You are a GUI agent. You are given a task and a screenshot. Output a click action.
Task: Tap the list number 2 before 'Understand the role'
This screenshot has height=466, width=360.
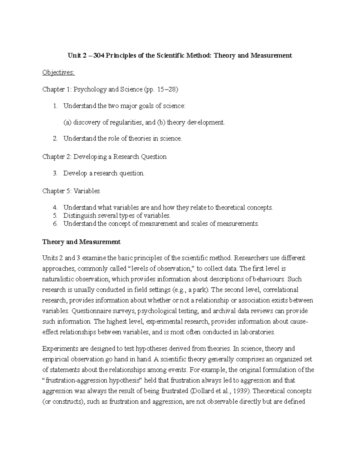[55, 139]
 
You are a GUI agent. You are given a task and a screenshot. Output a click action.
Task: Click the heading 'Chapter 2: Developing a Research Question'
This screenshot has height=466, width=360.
[104, 157]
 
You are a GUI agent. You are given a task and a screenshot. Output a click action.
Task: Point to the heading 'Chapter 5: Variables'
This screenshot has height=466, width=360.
[71, 191]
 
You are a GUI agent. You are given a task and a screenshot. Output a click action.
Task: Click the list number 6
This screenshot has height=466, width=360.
[55, 224]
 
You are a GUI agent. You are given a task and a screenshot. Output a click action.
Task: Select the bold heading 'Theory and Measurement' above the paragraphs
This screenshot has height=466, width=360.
[81, 242]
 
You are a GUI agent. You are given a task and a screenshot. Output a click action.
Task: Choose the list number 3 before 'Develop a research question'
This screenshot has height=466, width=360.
[55, 173]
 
